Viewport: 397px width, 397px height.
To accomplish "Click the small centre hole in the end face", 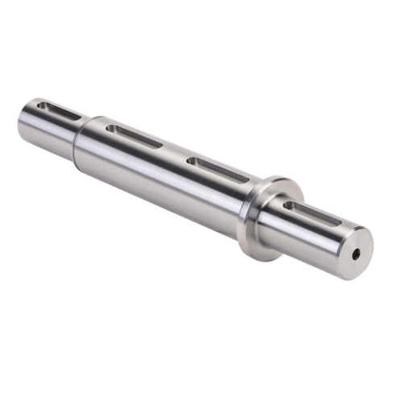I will point(355,254).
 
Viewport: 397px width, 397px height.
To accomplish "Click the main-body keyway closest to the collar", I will point(217,168).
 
